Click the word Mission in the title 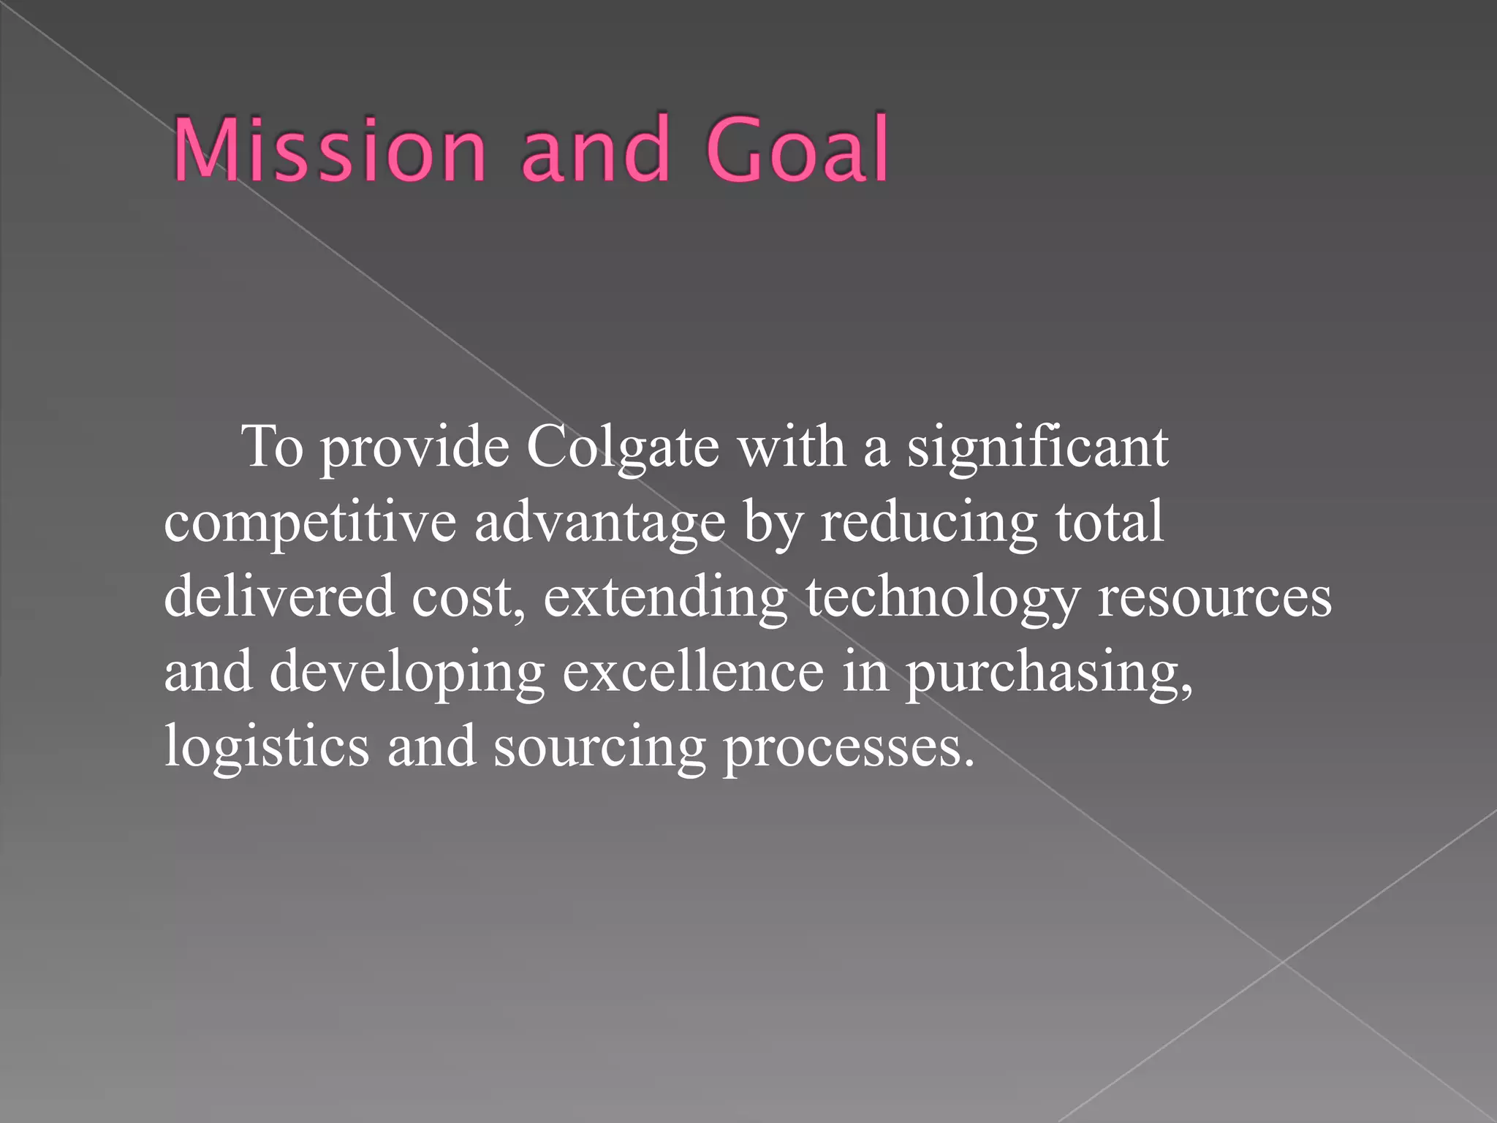329,150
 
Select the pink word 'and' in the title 596,150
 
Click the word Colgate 622,447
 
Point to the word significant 1037,447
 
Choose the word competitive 310,523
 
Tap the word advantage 599,523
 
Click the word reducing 928,523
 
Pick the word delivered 278,597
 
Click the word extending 665,598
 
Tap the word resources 1215,598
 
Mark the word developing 407,673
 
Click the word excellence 693,671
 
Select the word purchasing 1049,673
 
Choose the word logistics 267,747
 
